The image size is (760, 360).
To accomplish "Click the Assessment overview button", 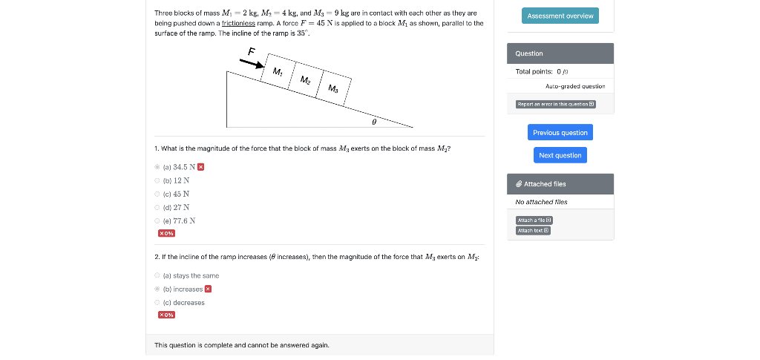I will point(560,16).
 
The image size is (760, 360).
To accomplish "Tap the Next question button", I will point(560,155).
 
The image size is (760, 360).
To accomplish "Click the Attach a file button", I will point(534,220).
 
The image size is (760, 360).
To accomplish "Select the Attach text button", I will point(533,230).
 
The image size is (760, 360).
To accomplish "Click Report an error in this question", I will point(555,105).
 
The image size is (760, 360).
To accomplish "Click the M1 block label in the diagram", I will point(277,72).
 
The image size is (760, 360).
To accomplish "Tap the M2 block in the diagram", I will point(305,80).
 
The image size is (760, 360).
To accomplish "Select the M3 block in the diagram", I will point(333,89).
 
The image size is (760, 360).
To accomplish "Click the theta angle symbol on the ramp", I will point(374,118).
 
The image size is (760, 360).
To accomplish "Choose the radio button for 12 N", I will point(157,180).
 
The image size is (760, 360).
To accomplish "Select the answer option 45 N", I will point(157,194).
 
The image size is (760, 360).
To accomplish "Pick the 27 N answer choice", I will point(157,207).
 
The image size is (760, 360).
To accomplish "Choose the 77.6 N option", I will point(157,220).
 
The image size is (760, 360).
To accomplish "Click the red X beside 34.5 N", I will point(200,167).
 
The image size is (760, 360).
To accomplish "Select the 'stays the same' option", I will point(157,275).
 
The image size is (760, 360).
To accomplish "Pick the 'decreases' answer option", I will point(157,302).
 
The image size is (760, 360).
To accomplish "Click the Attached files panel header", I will point(560,183).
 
